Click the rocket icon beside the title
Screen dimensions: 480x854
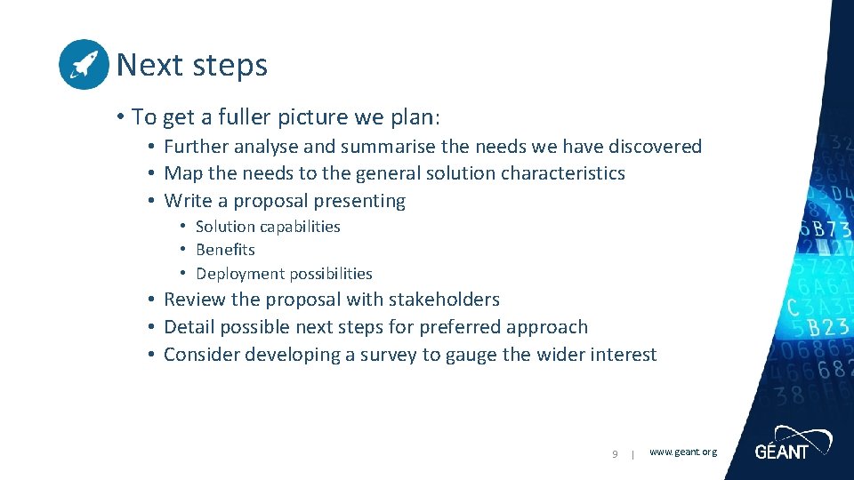coord(84,64)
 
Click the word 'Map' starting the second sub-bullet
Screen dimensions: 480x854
coord(183,173)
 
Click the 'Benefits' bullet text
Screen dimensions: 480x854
coord(225,250)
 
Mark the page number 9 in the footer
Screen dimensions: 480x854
coord(615,454)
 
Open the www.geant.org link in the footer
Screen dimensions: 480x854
coord(683,452)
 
